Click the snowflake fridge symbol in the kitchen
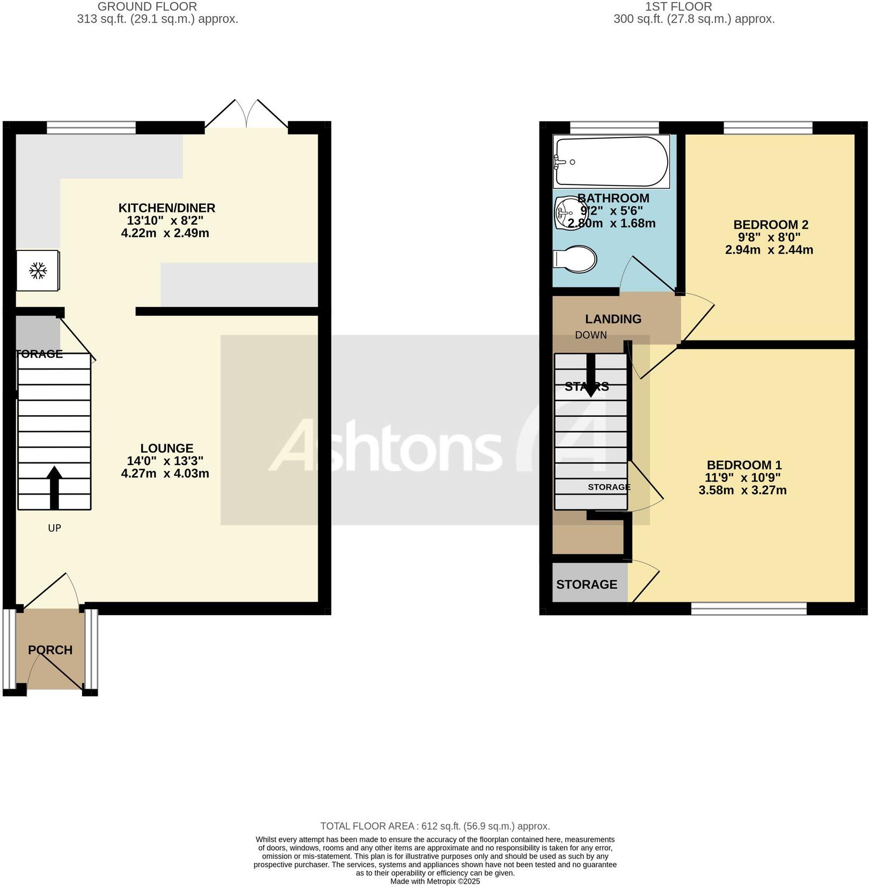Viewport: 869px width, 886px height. point(38,271)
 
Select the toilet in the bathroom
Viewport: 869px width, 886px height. point(575,260)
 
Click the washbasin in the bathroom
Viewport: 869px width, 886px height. point(566,212)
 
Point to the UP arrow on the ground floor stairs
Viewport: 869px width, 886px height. point(54,487)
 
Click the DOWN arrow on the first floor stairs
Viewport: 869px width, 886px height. point(590,375)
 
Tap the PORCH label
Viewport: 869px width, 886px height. point(50,650)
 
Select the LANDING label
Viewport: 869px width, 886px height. point(613,319)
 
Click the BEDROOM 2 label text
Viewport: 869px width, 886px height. point(770,225)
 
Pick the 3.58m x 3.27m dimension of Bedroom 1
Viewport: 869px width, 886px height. point(742,490)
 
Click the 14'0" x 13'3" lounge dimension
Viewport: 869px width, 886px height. point(165,461)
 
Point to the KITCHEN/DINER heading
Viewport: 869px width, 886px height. point(166,208)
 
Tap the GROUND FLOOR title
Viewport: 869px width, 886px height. point(147,7)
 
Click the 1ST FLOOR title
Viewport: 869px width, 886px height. point(678,7)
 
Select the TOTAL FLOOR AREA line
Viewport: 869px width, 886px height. point(435,826)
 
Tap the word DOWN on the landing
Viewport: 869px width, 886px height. point(590,335)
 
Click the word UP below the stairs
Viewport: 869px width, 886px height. point(54,528)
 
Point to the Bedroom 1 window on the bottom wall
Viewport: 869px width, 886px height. point(748,608)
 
